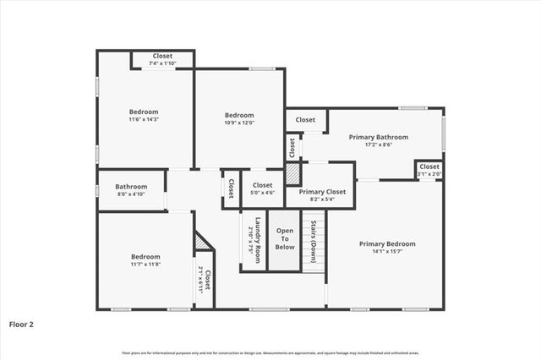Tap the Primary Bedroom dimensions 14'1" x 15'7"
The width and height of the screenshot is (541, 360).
(x=387, y=252)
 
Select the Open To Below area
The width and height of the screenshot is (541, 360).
(x=285, y=239)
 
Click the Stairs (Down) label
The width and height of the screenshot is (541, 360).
(x=313, y=240)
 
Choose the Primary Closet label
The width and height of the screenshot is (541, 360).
(x=321, y=192)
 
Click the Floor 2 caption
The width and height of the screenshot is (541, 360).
(x=22, y=324)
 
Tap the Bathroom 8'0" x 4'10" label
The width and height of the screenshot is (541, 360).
(x=131, y=194)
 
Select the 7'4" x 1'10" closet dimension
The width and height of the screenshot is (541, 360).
(x=161, y=63)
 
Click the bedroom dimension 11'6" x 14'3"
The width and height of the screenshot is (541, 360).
(x=144, y=119)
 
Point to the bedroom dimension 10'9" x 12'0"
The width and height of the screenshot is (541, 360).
(x=239, y=123)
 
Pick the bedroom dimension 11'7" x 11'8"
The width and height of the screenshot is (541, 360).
(x=145, y=265)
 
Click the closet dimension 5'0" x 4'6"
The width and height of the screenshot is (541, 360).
(x=262, y=193)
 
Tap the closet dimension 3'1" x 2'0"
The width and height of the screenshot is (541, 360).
(x=429, y=173)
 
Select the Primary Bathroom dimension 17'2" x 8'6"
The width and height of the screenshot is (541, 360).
(x=380, y=145)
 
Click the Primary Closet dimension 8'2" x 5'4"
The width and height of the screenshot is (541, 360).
(x=321, y=199)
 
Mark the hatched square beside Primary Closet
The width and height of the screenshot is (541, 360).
(x=292, y=174)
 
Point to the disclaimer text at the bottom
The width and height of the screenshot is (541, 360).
(x=270, y=352)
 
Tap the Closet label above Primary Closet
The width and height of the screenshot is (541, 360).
(x=305, y=120)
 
